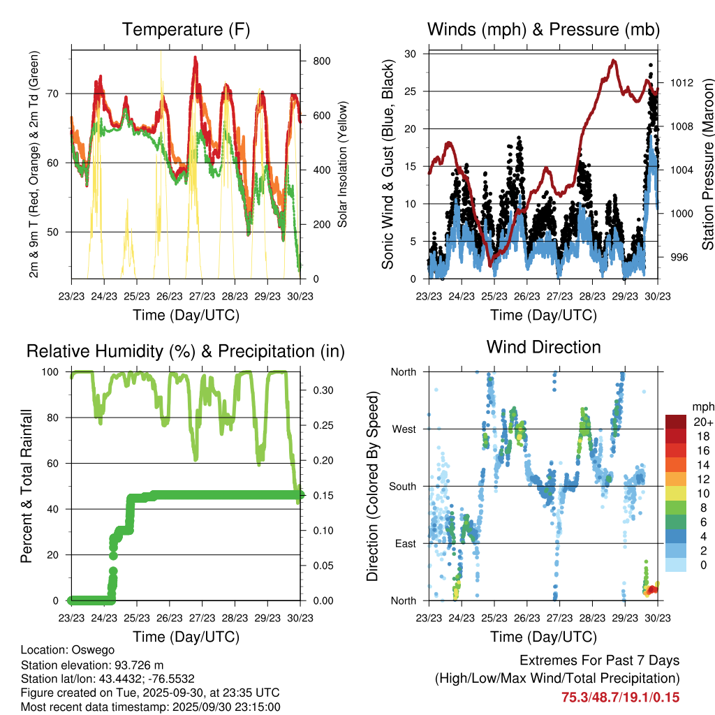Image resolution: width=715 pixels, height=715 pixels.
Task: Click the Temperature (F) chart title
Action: pos(186,30)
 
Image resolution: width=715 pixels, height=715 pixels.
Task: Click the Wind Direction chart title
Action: pos(543,347)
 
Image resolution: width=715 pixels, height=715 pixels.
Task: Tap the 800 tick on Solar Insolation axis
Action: pos(321,61)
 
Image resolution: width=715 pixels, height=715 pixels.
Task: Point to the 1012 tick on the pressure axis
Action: pos(679,82)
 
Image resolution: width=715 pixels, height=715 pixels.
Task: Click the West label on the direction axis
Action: pos(403,429)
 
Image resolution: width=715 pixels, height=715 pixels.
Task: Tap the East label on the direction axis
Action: pos(404,543)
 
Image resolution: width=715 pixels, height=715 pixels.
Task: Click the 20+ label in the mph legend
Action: pos(702,422)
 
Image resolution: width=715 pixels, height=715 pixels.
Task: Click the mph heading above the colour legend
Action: pos(702,406)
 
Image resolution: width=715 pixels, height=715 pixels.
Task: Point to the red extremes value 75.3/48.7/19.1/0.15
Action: pos(621,698)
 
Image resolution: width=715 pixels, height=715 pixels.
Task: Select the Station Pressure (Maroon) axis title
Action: pos(707,165)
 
